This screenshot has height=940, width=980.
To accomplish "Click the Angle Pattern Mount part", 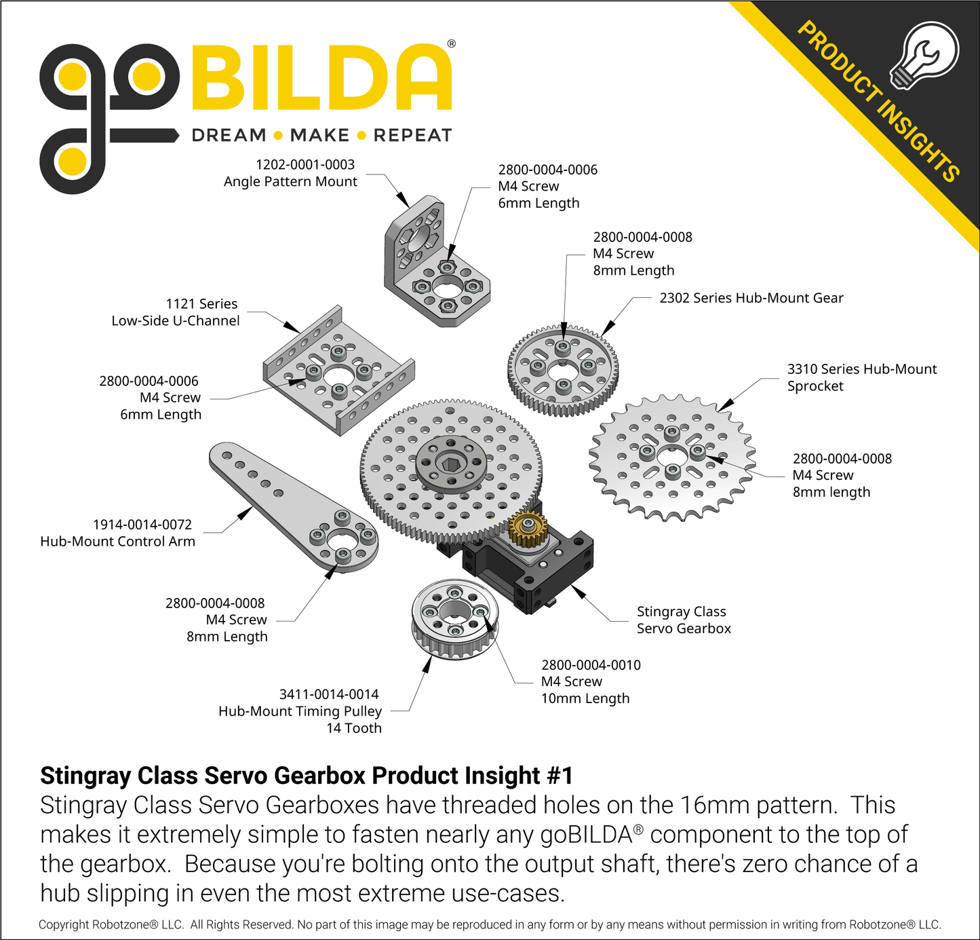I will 434,265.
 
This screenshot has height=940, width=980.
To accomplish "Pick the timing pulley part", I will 454,618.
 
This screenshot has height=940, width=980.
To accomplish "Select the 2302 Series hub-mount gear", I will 563,370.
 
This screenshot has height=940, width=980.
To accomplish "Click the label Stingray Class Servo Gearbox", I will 684,620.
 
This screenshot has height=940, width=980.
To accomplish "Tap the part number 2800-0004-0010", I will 591,665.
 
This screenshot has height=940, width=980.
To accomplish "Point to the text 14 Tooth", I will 354,728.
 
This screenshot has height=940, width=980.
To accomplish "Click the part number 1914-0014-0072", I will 142,525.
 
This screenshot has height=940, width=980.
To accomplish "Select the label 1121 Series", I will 201,304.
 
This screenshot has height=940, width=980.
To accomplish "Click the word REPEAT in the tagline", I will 412,136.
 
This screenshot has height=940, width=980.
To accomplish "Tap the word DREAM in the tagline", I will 229,136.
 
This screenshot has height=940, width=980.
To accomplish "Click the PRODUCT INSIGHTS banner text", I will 878,102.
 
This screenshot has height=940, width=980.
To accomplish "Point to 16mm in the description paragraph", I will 715,805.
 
